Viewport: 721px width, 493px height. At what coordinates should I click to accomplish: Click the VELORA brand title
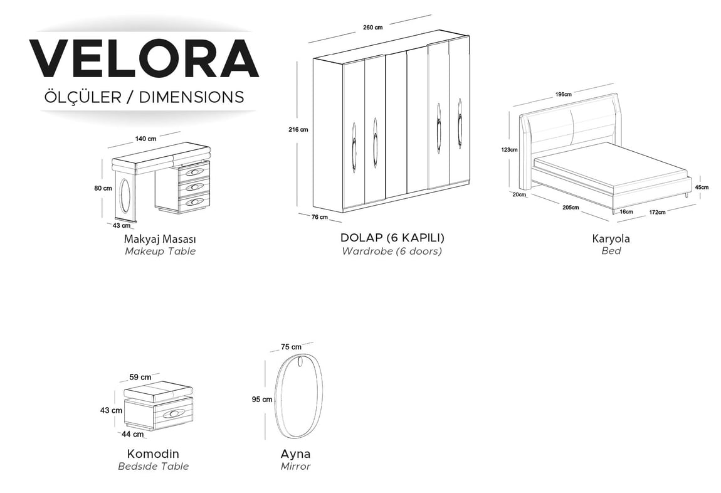tap(144, 58)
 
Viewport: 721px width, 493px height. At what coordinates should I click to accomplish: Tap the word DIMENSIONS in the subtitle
tap(191, 97)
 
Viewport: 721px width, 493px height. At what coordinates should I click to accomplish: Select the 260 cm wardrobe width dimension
tap(372, 27)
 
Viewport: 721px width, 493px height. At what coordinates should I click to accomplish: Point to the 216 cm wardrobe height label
tap(298, 130)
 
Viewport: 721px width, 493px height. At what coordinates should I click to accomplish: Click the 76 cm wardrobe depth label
tap(320, 217)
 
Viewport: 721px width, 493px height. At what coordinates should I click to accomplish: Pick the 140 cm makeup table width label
tap(145, 139)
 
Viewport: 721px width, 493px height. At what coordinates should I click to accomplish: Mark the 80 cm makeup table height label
tap(103, 188)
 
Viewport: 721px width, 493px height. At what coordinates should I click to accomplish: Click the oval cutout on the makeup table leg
tap(125, 196)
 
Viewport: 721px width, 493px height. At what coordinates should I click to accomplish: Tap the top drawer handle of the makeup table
tap(194, 172)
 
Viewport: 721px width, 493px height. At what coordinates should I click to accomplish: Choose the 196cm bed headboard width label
tap(563, 94)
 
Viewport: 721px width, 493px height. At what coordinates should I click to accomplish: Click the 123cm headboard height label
tap(509, 149)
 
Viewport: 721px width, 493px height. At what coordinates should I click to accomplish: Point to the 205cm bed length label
tap(571, 208)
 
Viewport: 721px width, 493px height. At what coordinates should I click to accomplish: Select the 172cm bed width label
tap(657, 212)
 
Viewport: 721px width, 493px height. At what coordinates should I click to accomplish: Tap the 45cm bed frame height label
tap(702, 187)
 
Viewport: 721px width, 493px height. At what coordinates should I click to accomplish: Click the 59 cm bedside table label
tap(140, 377)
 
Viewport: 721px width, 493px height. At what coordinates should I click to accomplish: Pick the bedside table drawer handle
tap(175, 414)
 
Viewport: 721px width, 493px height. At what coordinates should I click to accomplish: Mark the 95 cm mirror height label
tap(262, 400)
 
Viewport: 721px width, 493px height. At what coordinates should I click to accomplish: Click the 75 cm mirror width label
tap(291, 347)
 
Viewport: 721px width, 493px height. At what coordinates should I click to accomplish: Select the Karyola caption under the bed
tap(611, 239)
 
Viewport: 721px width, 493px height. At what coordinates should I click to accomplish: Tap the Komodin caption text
tap(153, 454)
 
